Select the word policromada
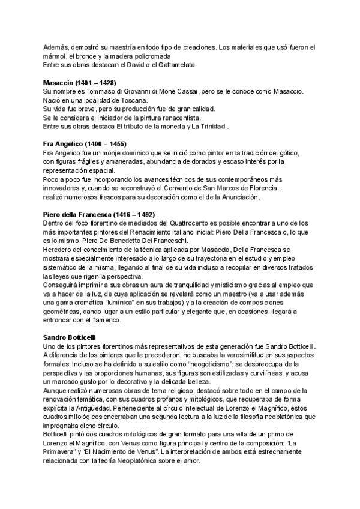137,56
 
